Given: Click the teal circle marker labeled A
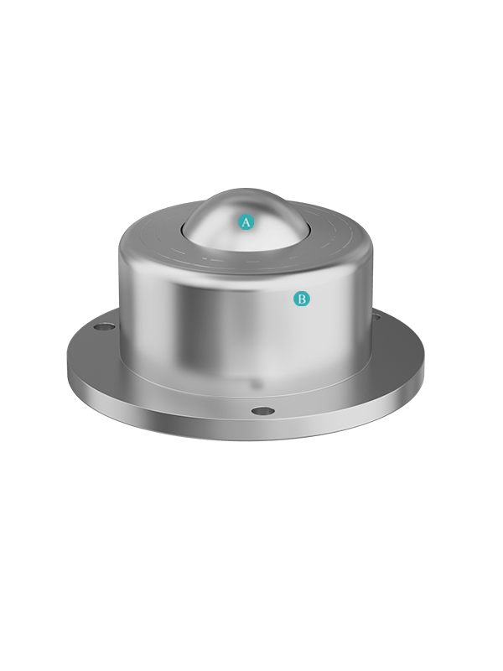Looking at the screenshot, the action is [246, 222].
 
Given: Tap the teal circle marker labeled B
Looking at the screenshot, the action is [302, 299].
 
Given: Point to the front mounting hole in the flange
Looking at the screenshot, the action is [262, 411].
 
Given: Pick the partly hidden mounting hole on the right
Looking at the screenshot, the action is [376, 317].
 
